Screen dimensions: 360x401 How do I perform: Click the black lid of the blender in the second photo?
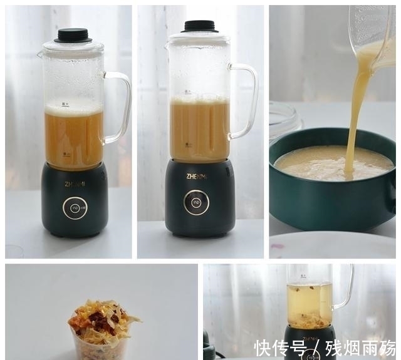click(199, 26)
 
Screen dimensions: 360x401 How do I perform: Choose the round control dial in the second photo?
click(196, 202)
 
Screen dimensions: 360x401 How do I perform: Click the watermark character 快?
click(263, 347)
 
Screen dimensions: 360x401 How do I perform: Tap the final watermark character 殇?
click(386, 347)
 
